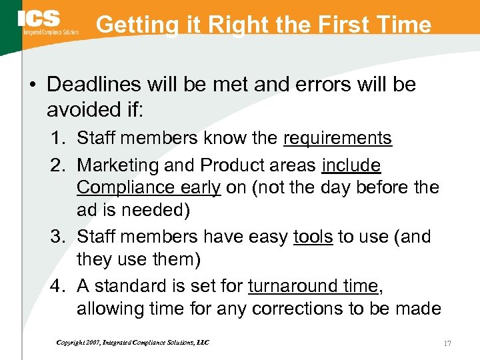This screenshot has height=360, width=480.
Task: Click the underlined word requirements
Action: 337,139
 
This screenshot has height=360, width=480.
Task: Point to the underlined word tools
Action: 313,237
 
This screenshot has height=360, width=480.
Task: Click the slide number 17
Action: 447,343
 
